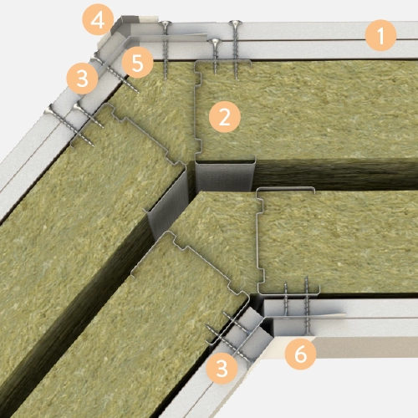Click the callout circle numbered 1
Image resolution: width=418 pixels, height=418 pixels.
coord(380,35)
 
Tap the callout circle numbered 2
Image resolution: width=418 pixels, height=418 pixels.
coord(225,117)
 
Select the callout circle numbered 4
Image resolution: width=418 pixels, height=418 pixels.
coord(98,19)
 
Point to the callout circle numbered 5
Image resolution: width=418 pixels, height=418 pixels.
coord(137,63)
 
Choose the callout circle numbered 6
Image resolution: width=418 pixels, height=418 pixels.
coord(300,354)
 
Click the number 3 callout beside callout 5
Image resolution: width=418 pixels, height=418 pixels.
coord(82,79)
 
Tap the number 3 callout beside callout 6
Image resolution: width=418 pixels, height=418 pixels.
coord(222,369)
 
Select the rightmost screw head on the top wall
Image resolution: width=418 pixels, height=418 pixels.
coord(236,23)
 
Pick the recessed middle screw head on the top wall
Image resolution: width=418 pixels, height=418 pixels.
coord(214,42)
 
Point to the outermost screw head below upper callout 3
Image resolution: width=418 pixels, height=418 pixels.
coord(50,110)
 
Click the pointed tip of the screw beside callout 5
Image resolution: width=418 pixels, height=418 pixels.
coord(139,92)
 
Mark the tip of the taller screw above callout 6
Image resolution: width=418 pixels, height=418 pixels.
coord(307,278)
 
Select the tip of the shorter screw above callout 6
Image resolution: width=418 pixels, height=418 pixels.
coord(285,283)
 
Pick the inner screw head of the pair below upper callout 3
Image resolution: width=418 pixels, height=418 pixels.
coord(77,106)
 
